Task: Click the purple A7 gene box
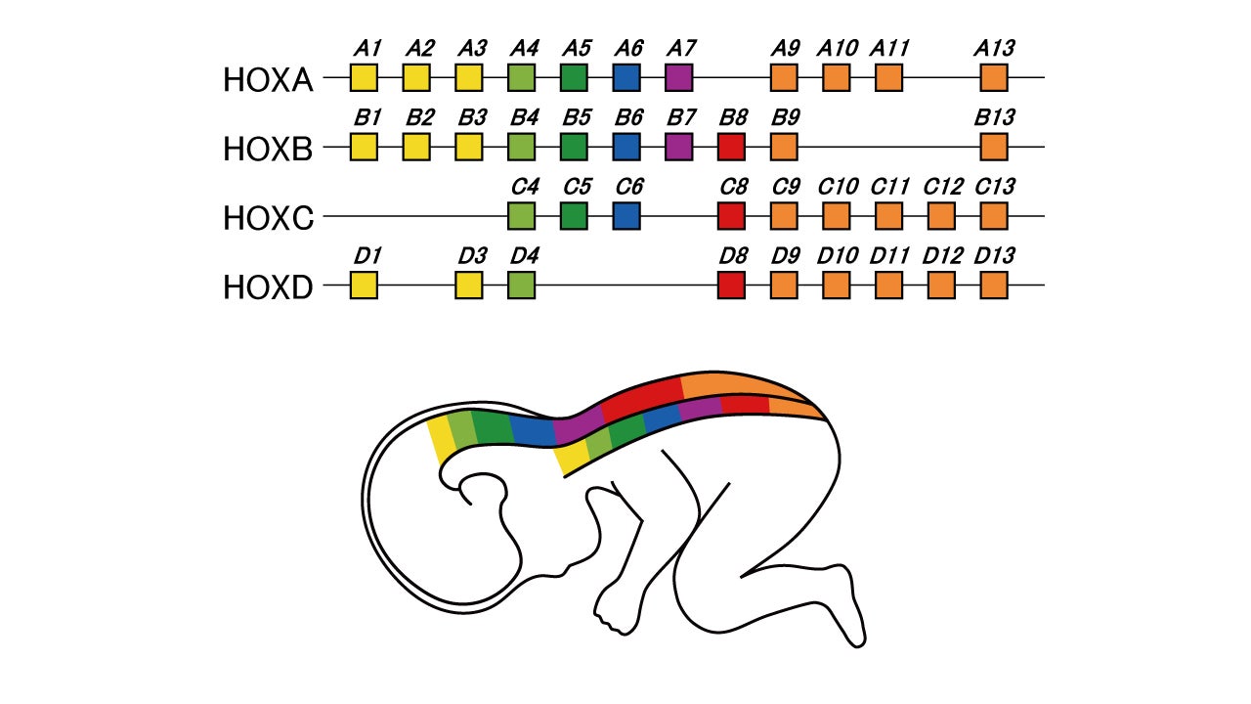[x=678, y=77]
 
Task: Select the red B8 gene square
[x=731, y=147]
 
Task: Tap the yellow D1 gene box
[x=364, y=286]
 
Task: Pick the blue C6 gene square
[x=626, y=216]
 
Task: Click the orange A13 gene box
[x=994, y=77]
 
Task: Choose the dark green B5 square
[x=574, y=147]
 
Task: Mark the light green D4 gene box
[x=522, y=286]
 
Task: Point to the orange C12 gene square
[x=941, y=216]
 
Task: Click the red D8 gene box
[x=731, y=286]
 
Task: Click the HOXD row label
[x=268, y=288]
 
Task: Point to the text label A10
[x=838, y=48]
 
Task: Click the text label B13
[x=995, y=117]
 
